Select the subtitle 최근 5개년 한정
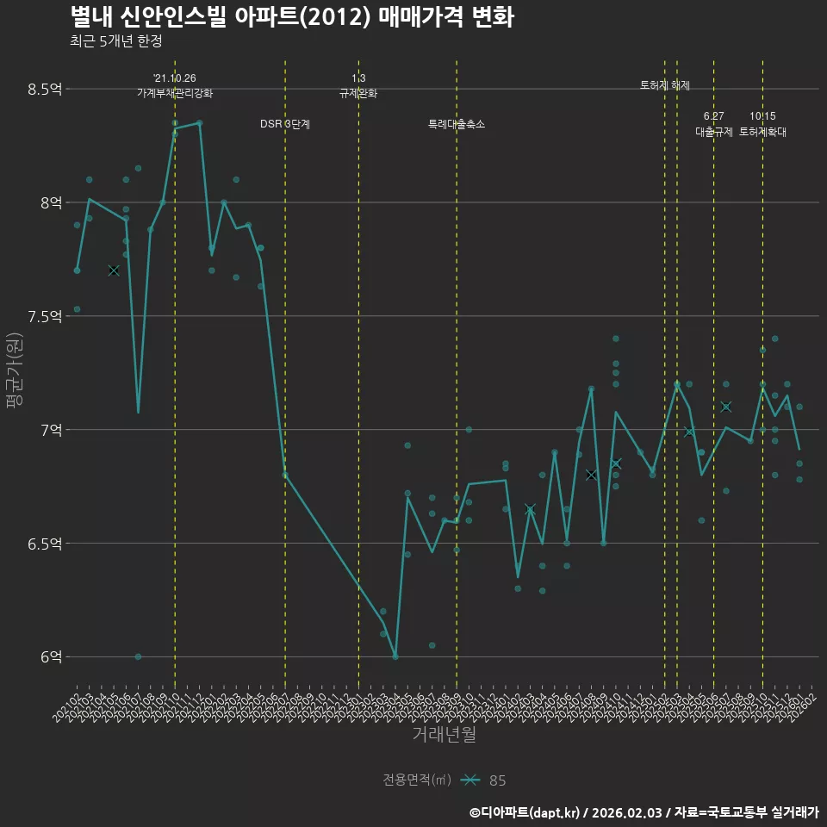point(115,40)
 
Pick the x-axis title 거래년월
point(443,734)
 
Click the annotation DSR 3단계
point(285,124)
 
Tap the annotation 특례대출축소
point(457,124)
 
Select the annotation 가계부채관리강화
point(175,93)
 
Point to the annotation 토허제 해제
point(665,85)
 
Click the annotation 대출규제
point(714,132)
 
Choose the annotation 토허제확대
point(762,132)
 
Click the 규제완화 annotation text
point(358,93)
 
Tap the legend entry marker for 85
point(469,780)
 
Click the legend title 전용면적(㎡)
point(417,780)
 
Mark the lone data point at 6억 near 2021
point(138,656)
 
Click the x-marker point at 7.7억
point(114,270)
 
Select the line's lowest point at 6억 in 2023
point(395,656)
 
